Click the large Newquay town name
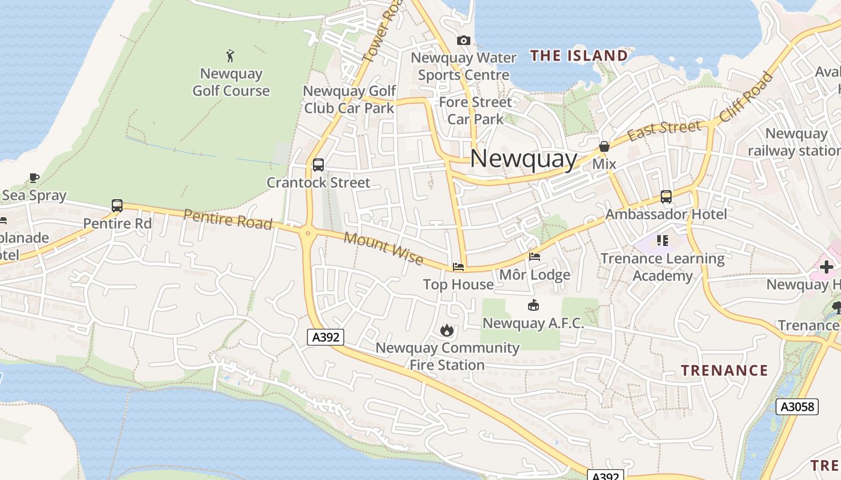[x=523, y=159]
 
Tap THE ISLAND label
[x=579, y=56]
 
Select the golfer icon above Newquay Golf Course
[x=230, y=56]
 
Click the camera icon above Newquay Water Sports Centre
[x=463, y=40]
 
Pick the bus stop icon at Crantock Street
[x=318, y=164]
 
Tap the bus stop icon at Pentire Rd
[x=117, y=206]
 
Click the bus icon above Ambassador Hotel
[x=666, y=196]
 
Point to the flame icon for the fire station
[x=446, y=330]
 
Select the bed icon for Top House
[x=458, y=266]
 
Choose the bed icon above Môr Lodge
[x=535, y=257]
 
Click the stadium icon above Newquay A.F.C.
[x=533, y=305]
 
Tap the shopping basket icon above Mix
[x=604, y=146]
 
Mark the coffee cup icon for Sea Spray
[x=34, y=178]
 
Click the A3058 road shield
[x=797, y=407]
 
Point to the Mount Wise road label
[x=384, y=248]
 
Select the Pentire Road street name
[x=228, y=219]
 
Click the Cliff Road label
[x=746, y=97]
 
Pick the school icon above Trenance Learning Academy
[x=663, y=241]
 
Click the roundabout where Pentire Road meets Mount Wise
[x=308, y=233]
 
